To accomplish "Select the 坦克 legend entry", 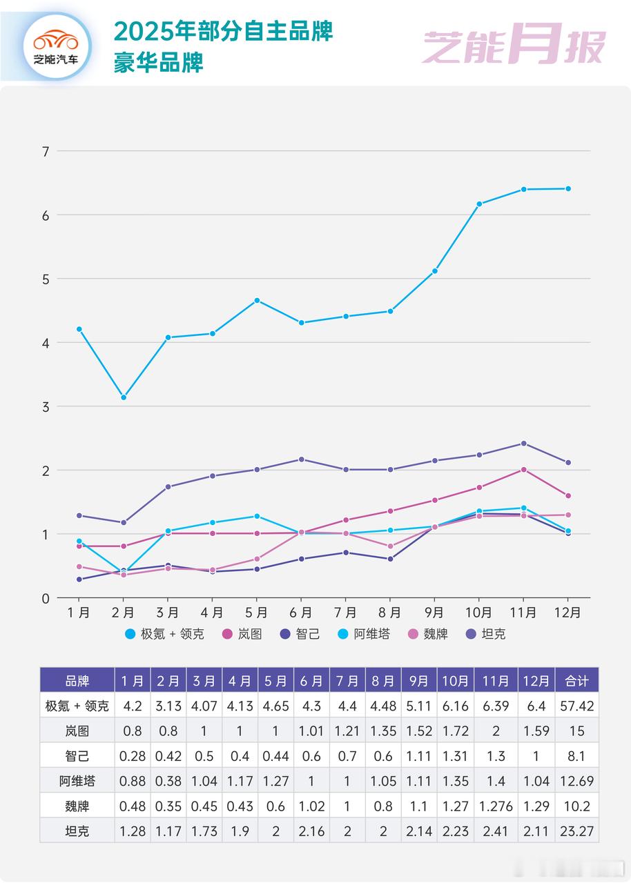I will [x=486, y=633].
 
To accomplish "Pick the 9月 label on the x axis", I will [x=434, y=613].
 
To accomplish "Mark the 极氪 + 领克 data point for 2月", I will [x=124, y=397].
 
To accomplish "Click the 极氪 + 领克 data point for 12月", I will [x=568, y=188].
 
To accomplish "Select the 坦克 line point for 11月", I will [x=523, y=444].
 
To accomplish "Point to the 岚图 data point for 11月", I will [x=523, y=470].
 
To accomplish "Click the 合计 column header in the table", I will [x=576, y=681].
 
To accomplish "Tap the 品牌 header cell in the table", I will [x=77, y=681].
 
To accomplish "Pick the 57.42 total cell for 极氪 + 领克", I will [x=576, y=706].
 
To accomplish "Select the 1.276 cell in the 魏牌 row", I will [x=496, y=806].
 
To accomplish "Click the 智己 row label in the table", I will [x=77, y=756].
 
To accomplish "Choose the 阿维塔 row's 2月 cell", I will [x=168, y=781].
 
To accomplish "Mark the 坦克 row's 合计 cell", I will [x=576, y=831].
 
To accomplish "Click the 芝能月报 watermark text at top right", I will [x=514, y=46].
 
